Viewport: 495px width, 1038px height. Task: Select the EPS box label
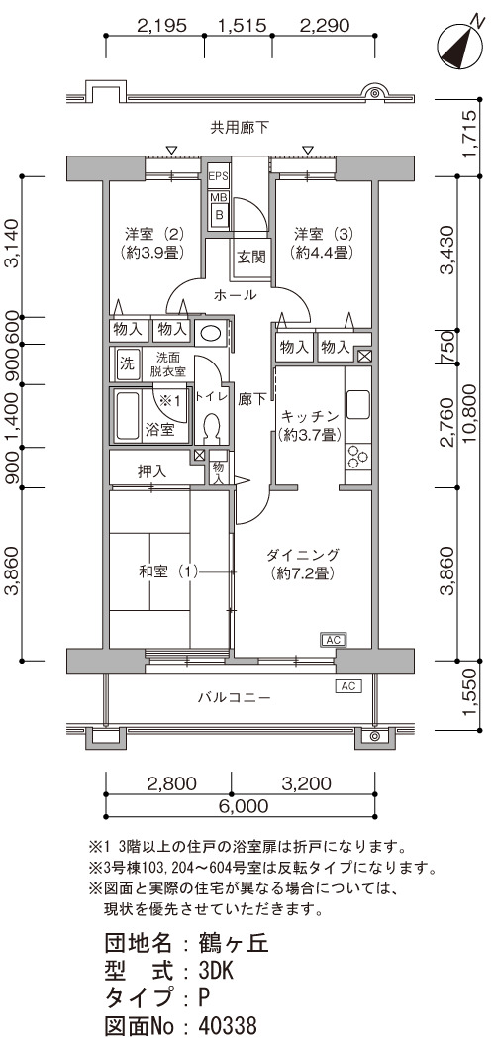click(218, 176)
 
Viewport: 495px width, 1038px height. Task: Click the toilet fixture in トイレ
click(213, 428)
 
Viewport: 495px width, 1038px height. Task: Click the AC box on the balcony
click(348, 686)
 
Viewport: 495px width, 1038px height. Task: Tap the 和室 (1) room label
click(168, 571)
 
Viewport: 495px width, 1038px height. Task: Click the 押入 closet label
click(151, 471)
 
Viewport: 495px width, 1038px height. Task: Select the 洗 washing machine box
click(126, 363)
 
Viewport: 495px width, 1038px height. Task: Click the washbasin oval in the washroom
click(211, 332)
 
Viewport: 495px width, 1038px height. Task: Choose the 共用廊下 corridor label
click(241, 127)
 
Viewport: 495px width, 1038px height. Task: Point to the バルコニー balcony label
click(235, 697)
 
